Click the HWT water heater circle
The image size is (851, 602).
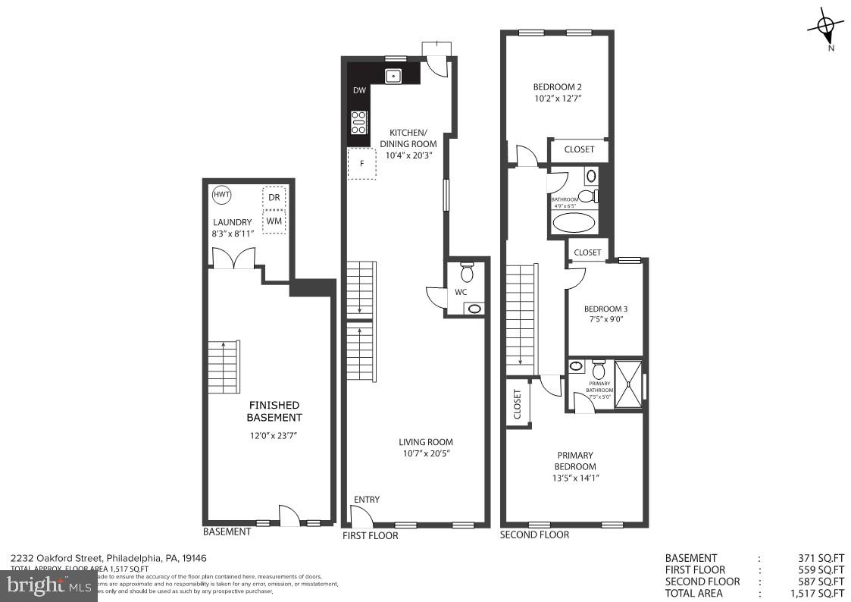(221, 195)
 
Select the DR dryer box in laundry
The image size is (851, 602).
(274, 197)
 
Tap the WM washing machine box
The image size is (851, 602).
(274, 221)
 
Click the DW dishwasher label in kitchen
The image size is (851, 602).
(359, 91)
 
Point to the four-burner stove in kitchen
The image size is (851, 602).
(358, 121)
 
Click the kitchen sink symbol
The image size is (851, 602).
(393, 75)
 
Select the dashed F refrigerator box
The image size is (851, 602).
(362, 164)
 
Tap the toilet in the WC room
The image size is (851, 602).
(467, 271)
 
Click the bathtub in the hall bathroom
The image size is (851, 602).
(574, 224)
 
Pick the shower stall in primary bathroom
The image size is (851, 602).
(628, 384)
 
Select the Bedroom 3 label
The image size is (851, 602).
(605, 309)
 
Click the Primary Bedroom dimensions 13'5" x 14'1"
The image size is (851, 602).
(577, 478)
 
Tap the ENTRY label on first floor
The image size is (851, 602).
(367, 500)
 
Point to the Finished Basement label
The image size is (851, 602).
(274, 412)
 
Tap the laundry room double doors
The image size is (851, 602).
(233, 260)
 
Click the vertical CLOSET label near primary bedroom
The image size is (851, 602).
(518, 405)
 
